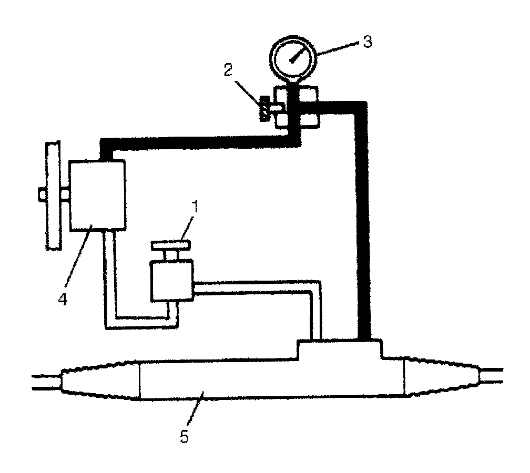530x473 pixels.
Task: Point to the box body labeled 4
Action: tap(97, 195)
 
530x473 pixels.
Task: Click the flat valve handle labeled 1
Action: tap(171, 245)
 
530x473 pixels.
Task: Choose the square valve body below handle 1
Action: tap(170, 281)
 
